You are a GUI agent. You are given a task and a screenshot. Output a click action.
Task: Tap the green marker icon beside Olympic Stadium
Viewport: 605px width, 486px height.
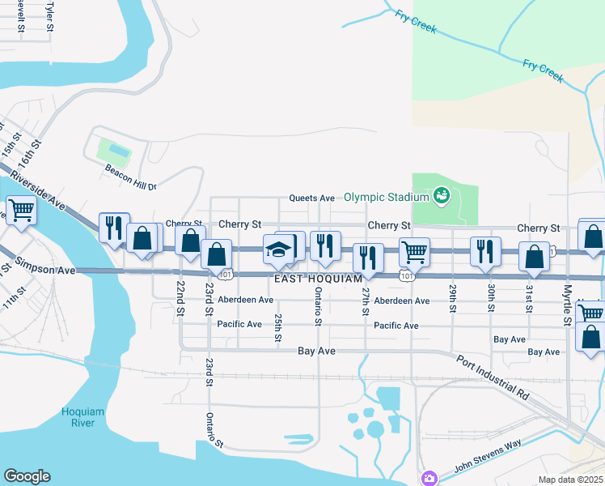point(441,194)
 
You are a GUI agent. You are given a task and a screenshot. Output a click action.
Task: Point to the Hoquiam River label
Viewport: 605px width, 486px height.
point(83,417)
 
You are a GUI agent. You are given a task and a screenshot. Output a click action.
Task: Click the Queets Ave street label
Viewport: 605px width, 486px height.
point(313,198)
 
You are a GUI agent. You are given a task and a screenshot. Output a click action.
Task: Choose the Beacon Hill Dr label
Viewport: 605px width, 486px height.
point(129,177)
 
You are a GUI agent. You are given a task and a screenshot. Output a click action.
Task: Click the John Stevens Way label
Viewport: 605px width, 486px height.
point(488,456)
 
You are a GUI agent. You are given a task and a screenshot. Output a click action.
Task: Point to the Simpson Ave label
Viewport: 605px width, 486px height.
point(49,267)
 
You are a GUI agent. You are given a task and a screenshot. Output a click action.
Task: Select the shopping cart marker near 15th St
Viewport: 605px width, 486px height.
point(21,211)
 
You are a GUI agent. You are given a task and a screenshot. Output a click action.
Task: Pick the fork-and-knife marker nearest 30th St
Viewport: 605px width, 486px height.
point(485,250)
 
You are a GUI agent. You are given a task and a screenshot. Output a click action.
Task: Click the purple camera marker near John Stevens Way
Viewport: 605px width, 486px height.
point(428,478)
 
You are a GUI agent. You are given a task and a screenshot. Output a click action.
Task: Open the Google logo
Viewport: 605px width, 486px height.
point(27,476)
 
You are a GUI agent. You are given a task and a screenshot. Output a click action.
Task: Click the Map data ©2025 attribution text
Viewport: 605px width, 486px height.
point(570,480)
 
